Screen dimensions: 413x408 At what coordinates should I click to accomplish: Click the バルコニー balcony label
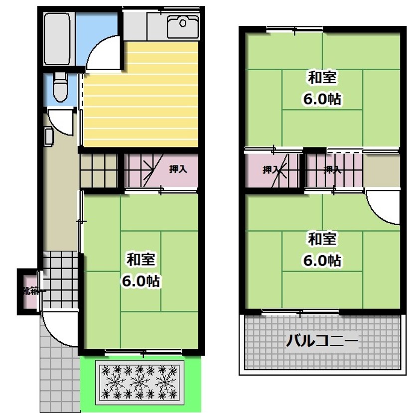coord(322,342)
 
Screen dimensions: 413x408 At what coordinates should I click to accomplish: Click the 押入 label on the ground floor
coord(178,169)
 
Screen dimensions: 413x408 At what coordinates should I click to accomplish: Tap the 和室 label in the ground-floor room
coord(141,259)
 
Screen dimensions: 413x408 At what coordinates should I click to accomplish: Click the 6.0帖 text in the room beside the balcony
coord(322,260)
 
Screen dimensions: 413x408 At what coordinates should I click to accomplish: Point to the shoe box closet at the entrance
coord(29,291)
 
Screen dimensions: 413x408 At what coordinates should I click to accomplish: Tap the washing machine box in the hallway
coord(49,136)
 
